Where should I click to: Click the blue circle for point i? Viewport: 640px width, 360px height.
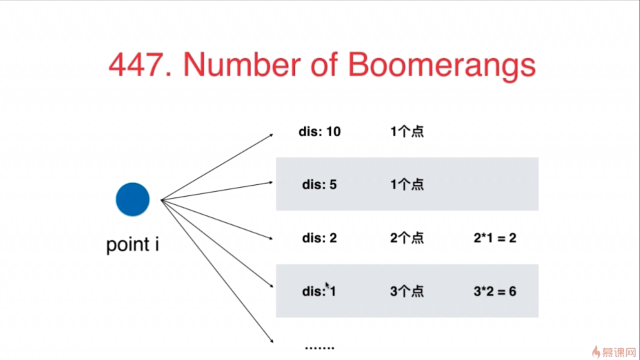click(132, 199)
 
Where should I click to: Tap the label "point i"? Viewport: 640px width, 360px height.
click(132, 245)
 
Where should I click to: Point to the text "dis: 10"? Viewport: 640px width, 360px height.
click(319, 132)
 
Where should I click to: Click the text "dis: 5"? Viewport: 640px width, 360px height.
click(319, 185)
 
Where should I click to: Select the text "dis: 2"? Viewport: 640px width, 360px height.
click(319, 238)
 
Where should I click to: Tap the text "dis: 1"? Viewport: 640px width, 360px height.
click(319, 291)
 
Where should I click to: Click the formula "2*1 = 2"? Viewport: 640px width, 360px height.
click(494, 238)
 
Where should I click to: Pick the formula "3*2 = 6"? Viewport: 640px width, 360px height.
click(494, 291)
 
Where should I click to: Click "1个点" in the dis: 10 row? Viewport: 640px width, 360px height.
click(407, 132)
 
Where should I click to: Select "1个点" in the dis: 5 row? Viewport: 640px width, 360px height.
click(407, 185)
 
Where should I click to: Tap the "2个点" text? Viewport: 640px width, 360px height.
click(407, 238)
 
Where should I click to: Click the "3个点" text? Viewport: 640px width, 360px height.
click(407, 291)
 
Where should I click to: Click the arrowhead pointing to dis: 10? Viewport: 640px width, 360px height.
click(270, 134)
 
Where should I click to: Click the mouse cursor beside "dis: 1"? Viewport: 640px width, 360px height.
click(327, 285)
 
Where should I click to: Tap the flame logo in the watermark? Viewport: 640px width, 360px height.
click(595, 350)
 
